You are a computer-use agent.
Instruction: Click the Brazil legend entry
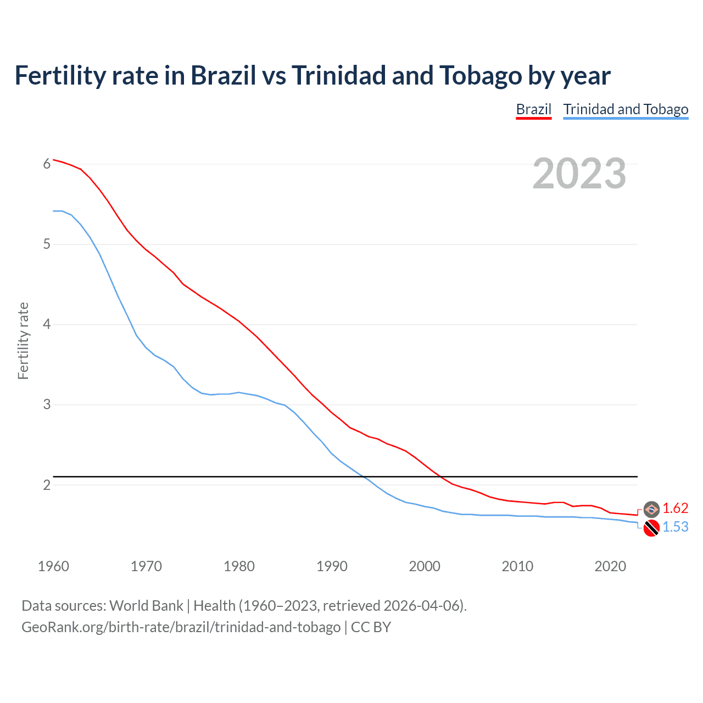point(533,109)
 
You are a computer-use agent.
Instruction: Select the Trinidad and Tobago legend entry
point(626,109)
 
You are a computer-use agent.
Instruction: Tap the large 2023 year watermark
point(579,174)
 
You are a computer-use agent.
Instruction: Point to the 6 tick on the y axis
point(47,164)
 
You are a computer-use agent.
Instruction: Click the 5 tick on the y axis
point(47,244)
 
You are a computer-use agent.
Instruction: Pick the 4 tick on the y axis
point(47,324)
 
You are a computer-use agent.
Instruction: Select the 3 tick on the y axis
point(47,405)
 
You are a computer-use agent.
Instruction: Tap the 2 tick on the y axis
point(47,485)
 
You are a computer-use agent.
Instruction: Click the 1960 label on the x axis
point(53,566)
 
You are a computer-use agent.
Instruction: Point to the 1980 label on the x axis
point(239,566)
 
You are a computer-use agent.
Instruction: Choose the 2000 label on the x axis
point(425,566)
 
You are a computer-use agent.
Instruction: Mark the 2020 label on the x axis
point(610,566)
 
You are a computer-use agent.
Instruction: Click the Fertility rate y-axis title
point(23,341)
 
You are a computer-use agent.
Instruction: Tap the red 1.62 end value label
point(675,509)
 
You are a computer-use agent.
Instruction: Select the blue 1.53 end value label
point(675,527)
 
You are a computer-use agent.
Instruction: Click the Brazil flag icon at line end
point(651,509)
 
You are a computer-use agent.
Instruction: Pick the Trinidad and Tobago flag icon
point(651,528)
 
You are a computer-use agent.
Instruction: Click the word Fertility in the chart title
point(58,76)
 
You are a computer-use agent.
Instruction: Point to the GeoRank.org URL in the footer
point(181,627)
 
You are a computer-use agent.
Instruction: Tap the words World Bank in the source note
point(146,606)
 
